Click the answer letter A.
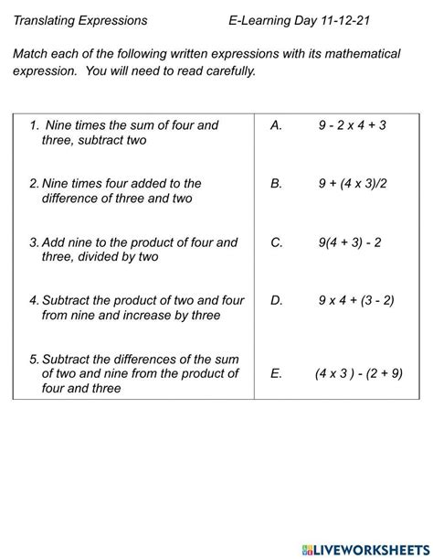[276, 124]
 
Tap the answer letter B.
[276, 183]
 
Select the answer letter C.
[277, 242]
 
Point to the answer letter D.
[277, 299]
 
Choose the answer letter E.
[276, 373]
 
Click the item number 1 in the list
[33, 125]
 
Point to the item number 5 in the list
[33, 359]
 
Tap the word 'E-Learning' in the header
[263, 19]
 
